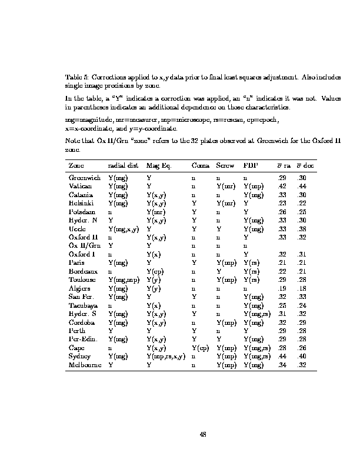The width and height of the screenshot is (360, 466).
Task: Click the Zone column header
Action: (75, 166)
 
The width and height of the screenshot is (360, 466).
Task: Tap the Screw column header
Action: (225, 166)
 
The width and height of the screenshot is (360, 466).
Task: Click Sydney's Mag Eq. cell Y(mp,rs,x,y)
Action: (166, 357)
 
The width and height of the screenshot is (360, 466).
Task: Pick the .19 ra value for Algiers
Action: (281, 289)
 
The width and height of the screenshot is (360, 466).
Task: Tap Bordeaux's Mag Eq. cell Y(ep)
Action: (155, 272)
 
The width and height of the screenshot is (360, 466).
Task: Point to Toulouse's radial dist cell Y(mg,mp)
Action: (124, 280)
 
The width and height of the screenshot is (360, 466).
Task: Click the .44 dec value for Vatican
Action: (302, 185)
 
